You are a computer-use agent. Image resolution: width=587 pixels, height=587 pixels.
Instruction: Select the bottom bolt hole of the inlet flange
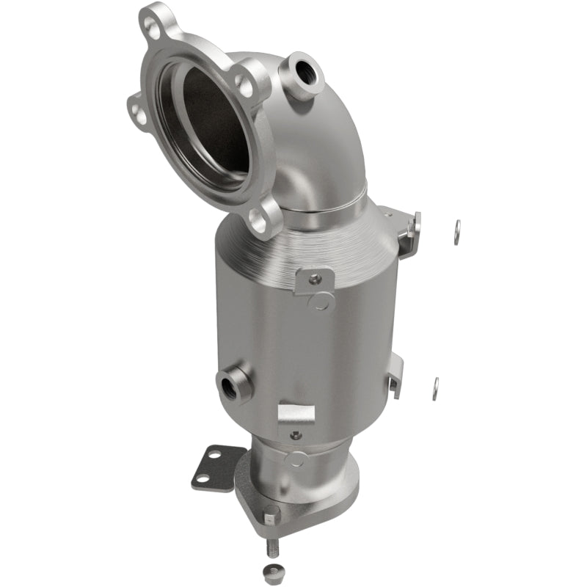tap(259, 218)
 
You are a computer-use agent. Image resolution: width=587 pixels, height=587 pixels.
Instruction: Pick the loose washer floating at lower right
tap(435, 389)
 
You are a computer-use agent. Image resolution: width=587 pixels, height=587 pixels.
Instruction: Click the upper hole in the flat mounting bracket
tap(214, 455)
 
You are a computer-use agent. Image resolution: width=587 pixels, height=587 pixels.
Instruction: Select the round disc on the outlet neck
tap(296, 459)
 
